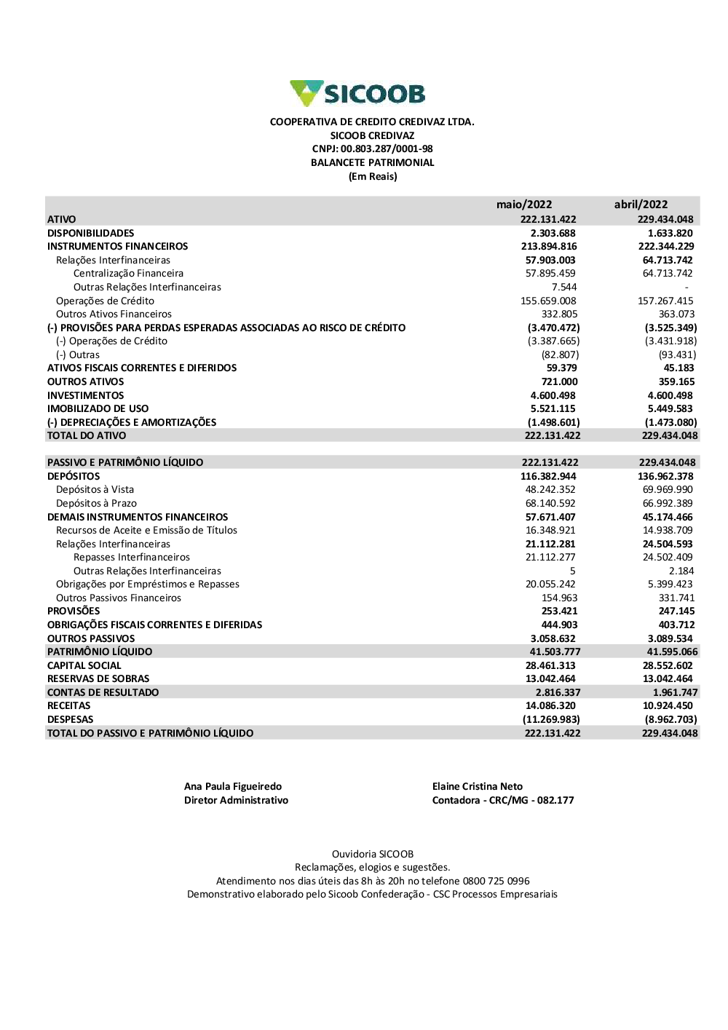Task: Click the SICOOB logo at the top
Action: pos(357,94)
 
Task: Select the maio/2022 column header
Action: pos(524,205)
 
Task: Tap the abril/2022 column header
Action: pos(641,205)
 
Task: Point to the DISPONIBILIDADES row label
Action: pos(91,233)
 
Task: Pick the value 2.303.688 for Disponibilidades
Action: pos(553,233)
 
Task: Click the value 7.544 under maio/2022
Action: pos(564,287)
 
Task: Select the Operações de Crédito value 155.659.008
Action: pos(548,301)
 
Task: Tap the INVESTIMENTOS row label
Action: pos(86,395)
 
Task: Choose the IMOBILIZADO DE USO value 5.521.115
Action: pos(553,408)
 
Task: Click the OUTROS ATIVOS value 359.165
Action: pos(676,381)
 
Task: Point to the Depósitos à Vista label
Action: pos(95,489)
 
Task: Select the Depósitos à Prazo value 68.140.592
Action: pos(550,503)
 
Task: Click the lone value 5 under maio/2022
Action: pos(573,571)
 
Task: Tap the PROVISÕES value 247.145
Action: pos(676,611)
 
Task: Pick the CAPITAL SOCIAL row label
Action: pos(84,665)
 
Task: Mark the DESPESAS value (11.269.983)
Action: pos(551,719)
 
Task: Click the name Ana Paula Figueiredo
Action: pos(233,786)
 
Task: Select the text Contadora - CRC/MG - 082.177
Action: pos(503,800)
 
